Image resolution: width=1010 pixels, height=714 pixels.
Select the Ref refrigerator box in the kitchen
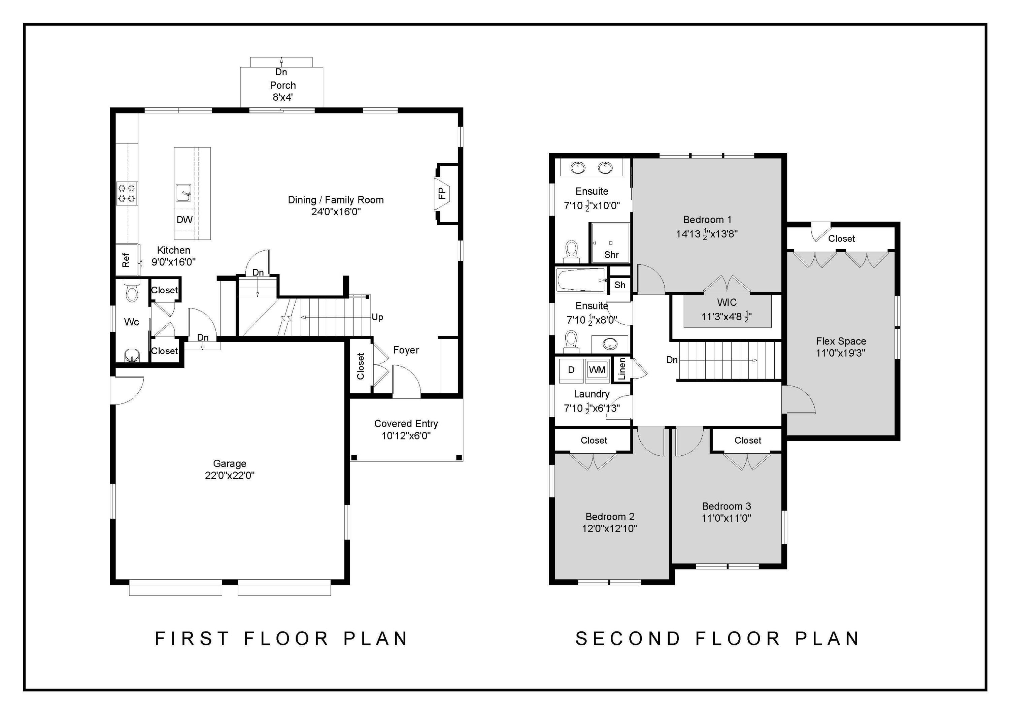pyautogui.click(x=126, y=260)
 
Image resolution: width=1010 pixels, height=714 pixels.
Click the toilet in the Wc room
pyautogui.click(x=132, y=291)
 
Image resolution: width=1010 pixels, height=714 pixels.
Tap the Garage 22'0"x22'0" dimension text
pyautogui.click(x=230, y=476)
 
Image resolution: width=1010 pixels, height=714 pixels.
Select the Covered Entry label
pyautogui.click(x=406, y=424)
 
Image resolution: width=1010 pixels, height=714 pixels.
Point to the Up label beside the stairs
pyautogui.click(x=377, y=317)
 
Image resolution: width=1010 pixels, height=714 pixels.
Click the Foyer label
pyautogui.click(x=406, y=350)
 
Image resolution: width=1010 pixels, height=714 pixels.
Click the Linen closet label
pyautogui.click(x=622, y=369)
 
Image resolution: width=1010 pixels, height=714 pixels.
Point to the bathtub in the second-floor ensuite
pyautogui.click(x=581, y=280)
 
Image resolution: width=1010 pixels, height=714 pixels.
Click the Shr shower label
pyautogui.click(x=611, y=255)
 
